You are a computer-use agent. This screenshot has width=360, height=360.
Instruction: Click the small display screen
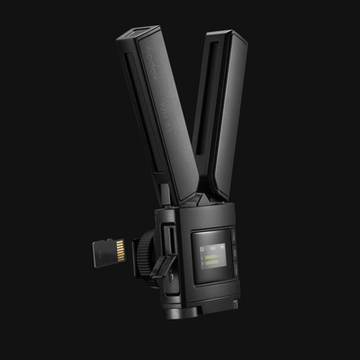click(x=211, y=257)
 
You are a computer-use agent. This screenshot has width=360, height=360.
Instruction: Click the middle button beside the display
click(x=231, y=257)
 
